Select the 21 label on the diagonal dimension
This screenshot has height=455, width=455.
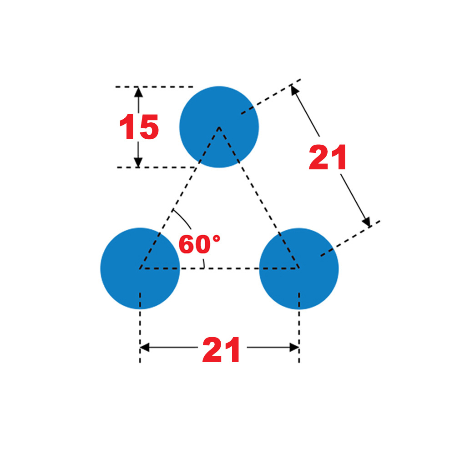[x=328, y=157]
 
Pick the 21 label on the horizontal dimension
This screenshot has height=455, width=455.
[x=221, y=349]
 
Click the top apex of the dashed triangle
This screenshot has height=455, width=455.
[x=219, y=127]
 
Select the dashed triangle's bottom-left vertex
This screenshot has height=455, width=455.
[x=140, y=268]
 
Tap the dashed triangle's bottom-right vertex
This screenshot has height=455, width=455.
[x=299, y=268]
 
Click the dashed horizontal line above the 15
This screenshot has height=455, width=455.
[x=155, y=86]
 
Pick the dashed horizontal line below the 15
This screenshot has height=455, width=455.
[x=155, y=167]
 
